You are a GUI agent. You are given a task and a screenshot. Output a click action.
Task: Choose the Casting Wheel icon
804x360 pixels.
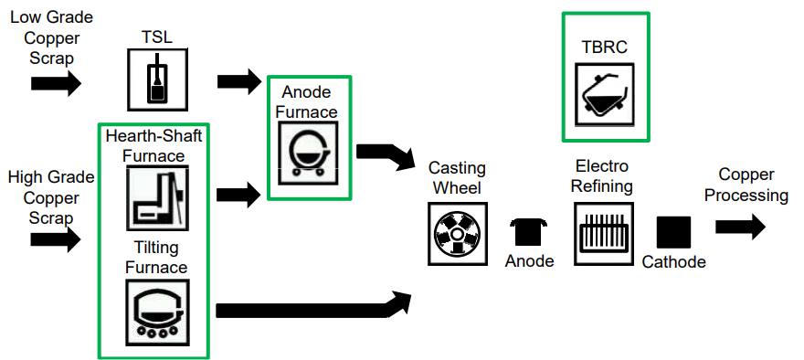[457, 235]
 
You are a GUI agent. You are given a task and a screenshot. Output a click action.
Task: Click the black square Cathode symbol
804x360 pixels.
[673, 232]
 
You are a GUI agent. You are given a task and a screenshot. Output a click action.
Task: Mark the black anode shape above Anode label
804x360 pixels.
[529, 233]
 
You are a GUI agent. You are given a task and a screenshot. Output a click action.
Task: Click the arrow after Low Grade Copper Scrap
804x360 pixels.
[56, 83]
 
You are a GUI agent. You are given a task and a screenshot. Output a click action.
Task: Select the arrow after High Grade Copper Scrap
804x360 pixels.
[56, 239]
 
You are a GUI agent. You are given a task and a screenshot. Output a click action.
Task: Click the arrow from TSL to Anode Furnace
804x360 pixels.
[239, 81]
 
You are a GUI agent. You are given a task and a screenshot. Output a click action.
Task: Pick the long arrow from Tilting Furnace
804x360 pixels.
[311, 308]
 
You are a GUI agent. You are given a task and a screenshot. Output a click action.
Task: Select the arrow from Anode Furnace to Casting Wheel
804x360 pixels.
[383, 157]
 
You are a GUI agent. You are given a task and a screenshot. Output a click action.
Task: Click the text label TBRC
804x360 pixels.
[604, 46]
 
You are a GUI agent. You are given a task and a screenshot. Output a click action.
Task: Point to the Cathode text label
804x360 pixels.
[673, 262]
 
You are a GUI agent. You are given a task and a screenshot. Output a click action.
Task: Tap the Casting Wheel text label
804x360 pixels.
[457, 178]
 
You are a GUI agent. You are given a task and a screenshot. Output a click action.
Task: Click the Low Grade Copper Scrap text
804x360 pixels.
[50, 37]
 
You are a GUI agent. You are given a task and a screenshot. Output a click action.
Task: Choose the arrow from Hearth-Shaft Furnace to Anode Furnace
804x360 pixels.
[239, 194]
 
